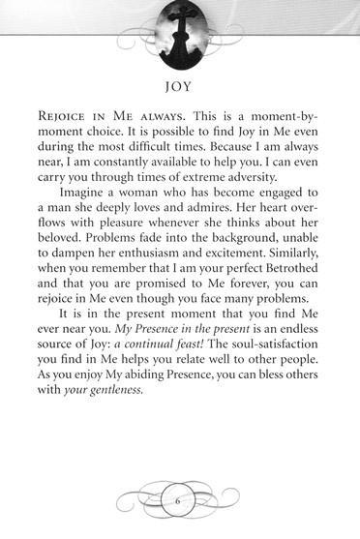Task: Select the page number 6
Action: pyautogui.click(x=179, y=502)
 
